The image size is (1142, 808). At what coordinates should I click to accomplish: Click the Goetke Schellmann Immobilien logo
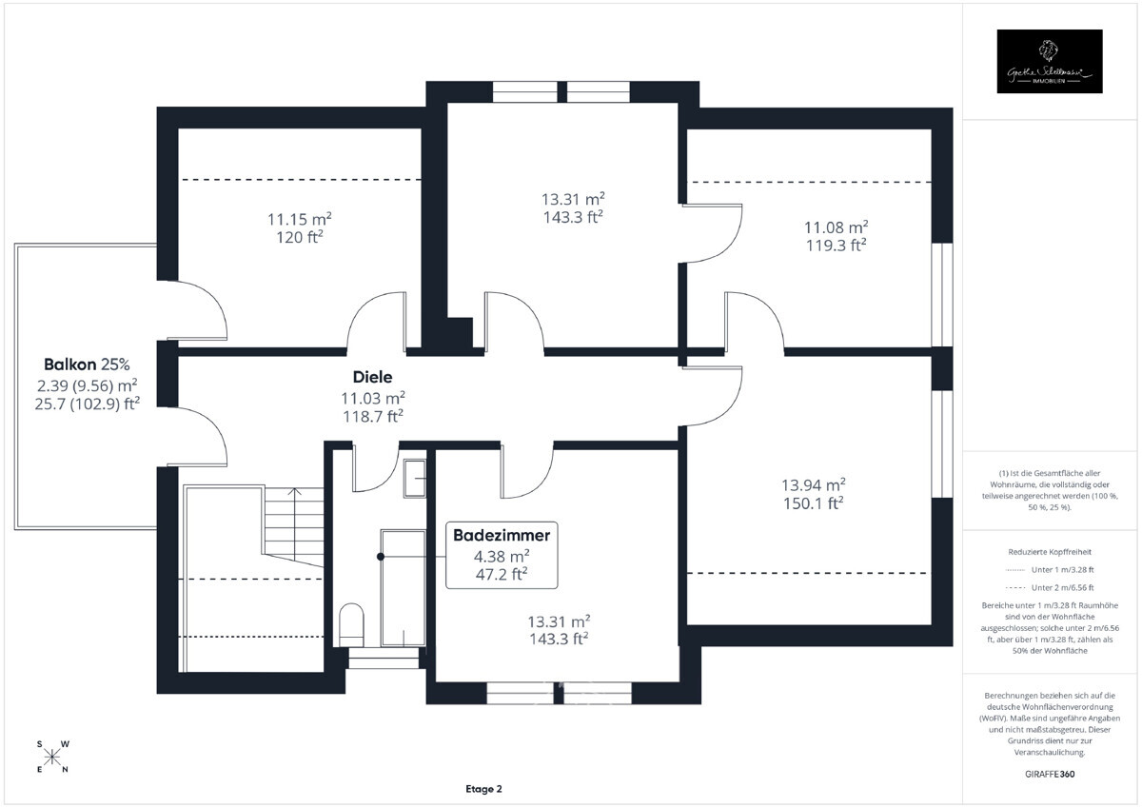(x=1049, y=61)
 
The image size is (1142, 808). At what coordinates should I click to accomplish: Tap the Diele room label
(x=373, y=378)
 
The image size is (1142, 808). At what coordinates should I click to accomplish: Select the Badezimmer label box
(x=502, y=554)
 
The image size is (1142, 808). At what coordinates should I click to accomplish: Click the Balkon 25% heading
(x=87, y=365)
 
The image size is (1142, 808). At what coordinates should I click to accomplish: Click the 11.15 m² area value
(x=299, y=219)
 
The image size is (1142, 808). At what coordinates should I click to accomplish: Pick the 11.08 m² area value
(x=836, y=227)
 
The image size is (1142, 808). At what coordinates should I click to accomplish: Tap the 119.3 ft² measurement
(x=836, y=245)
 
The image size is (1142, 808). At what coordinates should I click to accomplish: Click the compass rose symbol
(x=52, y=757)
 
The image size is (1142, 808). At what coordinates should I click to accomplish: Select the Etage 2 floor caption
(x=483, y=789)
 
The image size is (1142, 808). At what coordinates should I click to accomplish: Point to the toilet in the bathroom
(x=350, y=622)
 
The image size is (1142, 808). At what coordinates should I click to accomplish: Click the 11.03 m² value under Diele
(x=373, y=398)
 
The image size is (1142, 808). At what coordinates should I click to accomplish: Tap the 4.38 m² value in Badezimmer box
(x=502, y=557)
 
